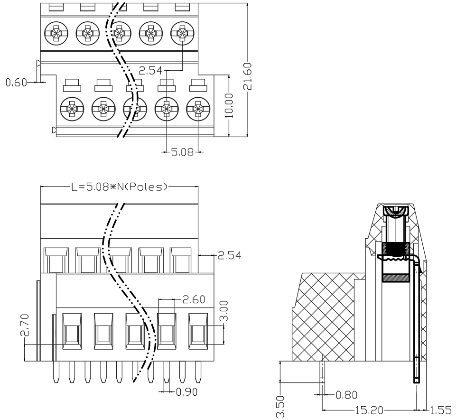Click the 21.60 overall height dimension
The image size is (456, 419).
(248, 76)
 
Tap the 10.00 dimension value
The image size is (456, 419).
(230, 105)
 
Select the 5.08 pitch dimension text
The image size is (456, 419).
(182, 152)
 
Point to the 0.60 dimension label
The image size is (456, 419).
(16, 83)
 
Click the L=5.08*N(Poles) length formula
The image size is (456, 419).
(120, 186)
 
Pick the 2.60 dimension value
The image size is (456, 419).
(194, 299)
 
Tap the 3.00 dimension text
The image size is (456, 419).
(223, 310)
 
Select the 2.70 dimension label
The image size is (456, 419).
(25, 325)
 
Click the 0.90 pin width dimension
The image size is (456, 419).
(187, 392)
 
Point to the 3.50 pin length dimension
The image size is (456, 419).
(280, 407)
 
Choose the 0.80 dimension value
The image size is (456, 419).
(346, 395)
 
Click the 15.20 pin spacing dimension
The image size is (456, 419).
(369, 410)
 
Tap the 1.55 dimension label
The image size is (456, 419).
(441, 410)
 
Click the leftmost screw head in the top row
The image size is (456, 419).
(56, 33)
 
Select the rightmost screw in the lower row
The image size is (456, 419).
(198, 109)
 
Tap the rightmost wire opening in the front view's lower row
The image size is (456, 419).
(198, 331)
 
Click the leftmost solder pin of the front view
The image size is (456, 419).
(56, 372)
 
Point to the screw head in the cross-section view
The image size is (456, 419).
(396, 211)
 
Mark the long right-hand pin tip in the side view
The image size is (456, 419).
(417, 381)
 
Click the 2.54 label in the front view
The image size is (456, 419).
(230, 256)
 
